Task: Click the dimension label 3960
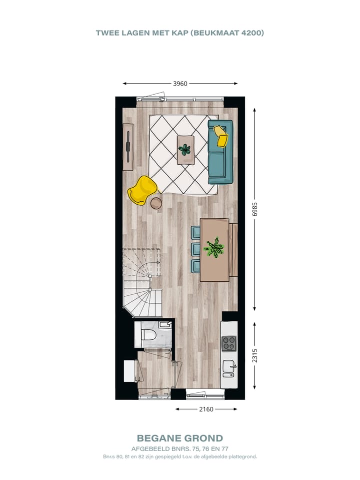click(x=180, y=84)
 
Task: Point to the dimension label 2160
click(x=206, y=409)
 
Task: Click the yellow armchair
click(x=142, y=190)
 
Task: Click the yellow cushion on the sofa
click(x=220, y=136)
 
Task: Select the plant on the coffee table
click(x=185, y=149)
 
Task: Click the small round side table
click(x=156, y=203)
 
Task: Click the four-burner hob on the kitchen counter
click(x=229, y=343)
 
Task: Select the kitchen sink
click(x=229, y=367)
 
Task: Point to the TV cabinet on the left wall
click(x=128, y=142)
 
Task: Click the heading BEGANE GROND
click(x=180, y=439)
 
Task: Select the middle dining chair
click(x=195, y=248)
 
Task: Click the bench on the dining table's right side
click(x=233, y=250)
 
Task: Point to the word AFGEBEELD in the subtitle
click(x=149, y=448)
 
